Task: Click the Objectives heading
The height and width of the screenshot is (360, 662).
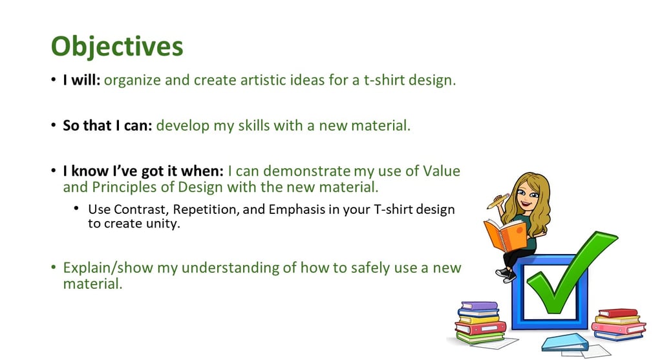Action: point(117,46)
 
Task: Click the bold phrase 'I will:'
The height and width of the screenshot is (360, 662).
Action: point(81,79)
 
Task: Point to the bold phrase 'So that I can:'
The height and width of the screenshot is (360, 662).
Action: point(107,125)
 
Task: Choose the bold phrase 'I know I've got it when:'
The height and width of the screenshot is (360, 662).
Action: point(143,171)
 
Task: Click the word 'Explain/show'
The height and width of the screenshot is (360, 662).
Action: point(108,268)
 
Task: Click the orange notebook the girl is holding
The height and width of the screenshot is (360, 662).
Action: point(505,235)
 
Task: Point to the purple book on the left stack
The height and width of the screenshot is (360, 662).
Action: point(480,306)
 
